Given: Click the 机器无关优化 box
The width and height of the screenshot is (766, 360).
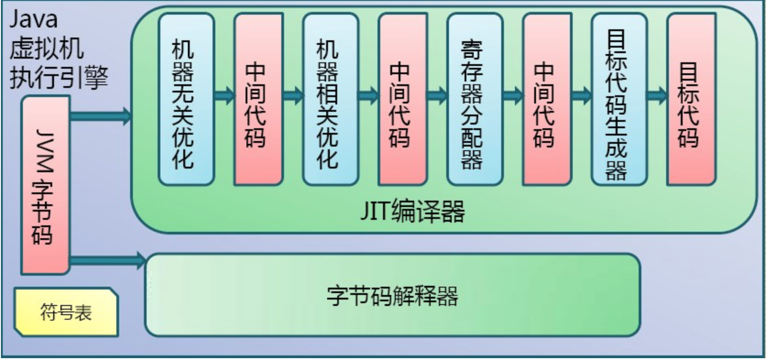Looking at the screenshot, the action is click(x=186, y=99).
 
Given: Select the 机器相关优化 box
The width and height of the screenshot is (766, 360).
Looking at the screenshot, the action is click(x=331, y=99).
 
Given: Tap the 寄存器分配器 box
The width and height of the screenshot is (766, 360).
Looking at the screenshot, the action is click(x=475, y=99).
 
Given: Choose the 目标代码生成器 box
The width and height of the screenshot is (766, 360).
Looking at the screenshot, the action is click(x=619, y=99).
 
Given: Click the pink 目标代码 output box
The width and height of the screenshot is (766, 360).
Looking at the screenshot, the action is click(x=692, y=99).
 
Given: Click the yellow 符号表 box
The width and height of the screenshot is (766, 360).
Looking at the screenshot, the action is click(x=66, y=312).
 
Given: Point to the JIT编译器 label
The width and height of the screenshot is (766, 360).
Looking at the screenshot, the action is click(x=413, y=211).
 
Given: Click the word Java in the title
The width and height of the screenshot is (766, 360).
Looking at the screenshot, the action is click(x=33, y=19).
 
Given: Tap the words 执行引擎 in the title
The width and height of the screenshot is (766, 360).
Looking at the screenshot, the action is click(x=59, y=78).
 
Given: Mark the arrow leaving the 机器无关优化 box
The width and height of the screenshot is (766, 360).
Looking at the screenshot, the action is click(x=224, y=95).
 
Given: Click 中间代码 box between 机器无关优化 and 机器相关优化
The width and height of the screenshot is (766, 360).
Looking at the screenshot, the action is click(x=259, y=99).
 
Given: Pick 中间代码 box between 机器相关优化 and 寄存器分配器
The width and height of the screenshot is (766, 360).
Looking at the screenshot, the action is click(x=403, y=99).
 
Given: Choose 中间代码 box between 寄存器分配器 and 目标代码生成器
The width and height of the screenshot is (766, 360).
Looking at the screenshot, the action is click(x=547, y=99).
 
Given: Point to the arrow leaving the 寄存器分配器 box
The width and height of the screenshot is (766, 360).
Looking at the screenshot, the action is click(x=513, y=95).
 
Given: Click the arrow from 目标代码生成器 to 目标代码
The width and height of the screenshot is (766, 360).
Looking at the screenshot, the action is click(x=657, y=95).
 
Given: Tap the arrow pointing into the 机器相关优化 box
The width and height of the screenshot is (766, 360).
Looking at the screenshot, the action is click(x=294, y=95).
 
